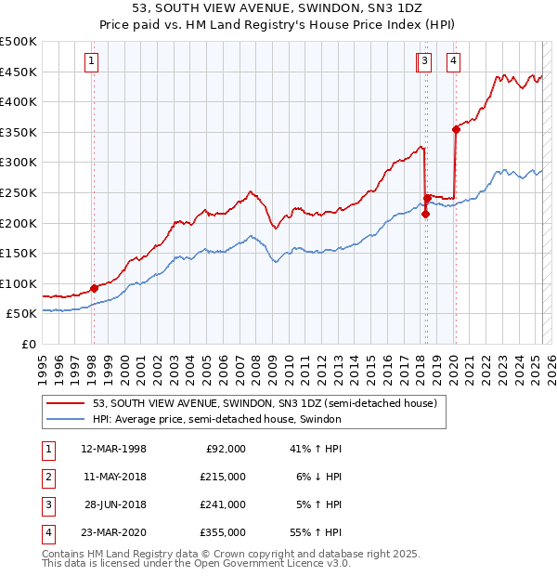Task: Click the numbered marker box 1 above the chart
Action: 93,62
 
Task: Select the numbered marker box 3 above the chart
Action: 424,62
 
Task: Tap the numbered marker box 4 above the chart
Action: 454,62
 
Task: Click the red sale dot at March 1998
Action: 94,288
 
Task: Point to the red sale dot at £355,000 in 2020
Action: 456,129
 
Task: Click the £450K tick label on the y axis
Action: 19,72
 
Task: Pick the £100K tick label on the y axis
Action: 19,283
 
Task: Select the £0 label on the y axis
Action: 29,344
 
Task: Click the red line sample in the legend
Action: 66,402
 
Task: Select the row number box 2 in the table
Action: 47,477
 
